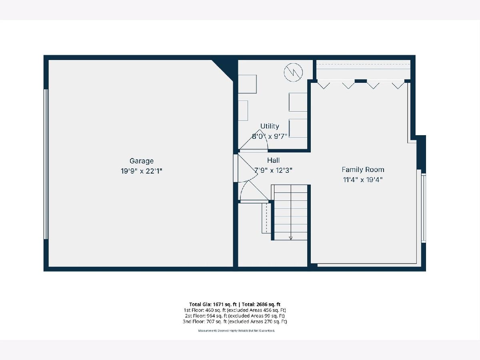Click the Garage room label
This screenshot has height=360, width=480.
(x=142, y=161)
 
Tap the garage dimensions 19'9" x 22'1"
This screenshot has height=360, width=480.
(x=142, y=171)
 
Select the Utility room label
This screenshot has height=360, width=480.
(x=270, y=126)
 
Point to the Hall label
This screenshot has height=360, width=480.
(x=273, y=160)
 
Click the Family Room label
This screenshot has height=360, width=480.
(x=363, y=170)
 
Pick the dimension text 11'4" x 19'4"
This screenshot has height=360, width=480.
(x=363, y=180)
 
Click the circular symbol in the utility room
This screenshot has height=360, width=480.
(x=293, y=72)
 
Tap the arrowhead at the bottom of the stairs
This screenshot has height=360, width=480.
(x=291, y=238)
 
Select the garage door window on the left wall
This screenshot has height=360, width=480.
(x=46, y=164)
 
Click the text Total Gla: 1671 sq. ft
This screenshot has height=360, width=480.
(x=213, y=304)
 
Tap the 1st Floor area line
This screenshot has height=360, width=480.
(x=235, y=310)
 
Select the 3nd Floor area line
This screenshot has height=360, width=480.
(x=235, y=322)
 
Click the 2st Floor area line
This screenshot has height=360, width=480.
(x=235, y=316)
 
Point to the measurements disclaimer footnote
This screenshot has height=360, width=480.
(x=236, y=331)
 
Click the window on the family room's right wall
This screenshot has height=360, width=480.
(x=423, y=208)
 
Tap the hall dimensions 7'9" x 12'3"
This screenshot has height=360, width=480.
(x=273, y=170)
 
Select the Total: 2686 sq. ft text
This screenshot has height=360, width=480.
(x=261, y=304)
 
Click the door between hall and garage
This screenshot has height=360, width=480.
(x=236, y=168)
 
